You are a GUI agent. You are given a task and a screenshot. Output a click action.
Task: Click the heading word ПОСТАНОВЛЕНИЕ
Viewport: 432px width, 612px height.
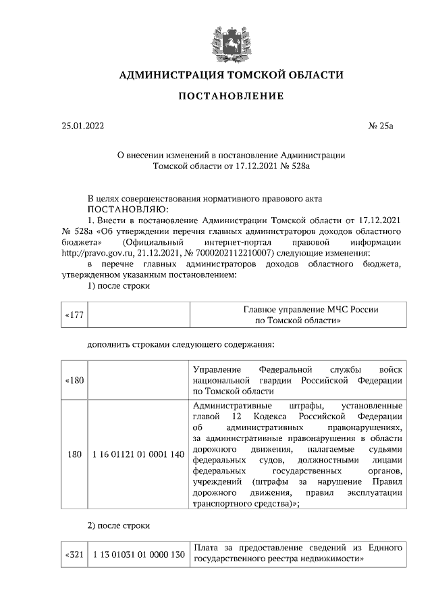click(x=231, y=96)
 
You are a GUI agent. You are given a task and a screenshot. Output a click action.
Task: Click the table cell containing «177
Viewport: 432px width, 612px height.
click(x=74, y=315)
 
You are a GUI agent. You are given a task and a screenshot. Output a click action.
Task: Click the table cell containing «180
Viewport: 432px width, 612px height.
click(x=74, y=381)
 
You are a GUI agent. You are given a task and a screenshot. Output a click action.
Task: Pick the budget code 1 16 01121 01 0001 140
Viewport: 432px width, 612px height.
click(x=138, y=454)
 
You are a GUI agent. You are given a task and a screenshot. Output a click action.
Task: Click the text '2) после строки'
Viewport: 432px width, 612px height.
click(x=119, y=525)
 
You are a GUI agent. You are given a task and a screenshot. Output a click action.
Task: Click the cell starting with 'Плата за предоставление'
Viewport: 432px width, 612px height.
click(x=298, y=554)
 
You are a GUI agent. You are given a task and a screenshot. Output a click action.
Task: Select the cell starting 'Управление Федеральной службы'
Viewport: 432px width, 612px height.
click(x=298, y=381)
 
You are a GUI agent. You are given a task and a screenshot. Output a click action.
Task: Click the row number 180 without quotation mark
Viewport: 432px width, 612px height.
click(x=74, y=454)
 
